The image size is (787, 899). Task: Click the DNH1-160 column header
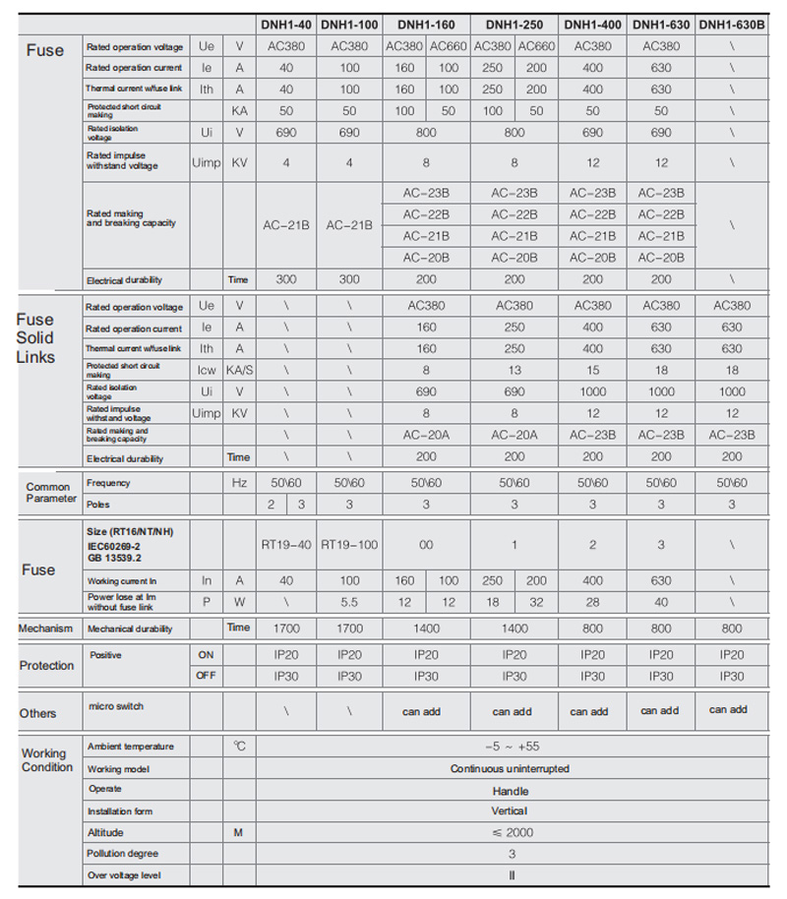tap(426, 24)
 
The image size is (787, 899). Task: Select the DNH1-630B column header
tap(731, 24)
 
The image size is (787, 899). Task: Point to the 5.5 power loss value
tap(349, 601)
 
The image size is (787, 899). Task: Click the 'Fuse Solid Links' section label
tap(35, 337)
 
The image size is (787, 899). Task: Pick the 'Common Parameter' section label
tap(48, 493)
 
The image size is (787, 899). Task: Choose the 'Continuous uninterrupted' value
tap(510, 768)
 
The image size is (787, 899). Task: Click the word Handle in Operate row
tap(510, 790)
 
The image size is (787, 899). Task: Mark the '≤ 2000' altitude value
tap(510, 832)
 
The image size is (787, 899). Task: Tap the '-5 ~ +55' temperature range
tap(510, 747)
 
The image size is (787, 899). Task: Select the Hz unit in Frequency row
tap(239, 483)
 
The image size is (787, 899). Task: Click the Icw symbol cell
tap(207, 370)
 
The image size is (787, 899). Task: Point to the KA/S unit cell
tap(239, 370)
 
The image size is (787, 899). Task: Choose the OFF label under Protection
tap(207, 677)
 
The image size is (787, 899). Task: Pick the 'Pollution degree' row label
tap(122, 854)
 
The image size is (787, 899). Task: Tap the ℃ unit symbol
tap(239, 747)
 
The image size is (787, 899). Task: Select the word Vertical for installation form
tap(510, 811)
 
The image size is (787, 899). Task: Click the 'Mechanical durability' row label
tap(130, 629)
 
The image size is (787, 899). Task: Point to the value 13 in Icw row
tap(515, 370)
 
